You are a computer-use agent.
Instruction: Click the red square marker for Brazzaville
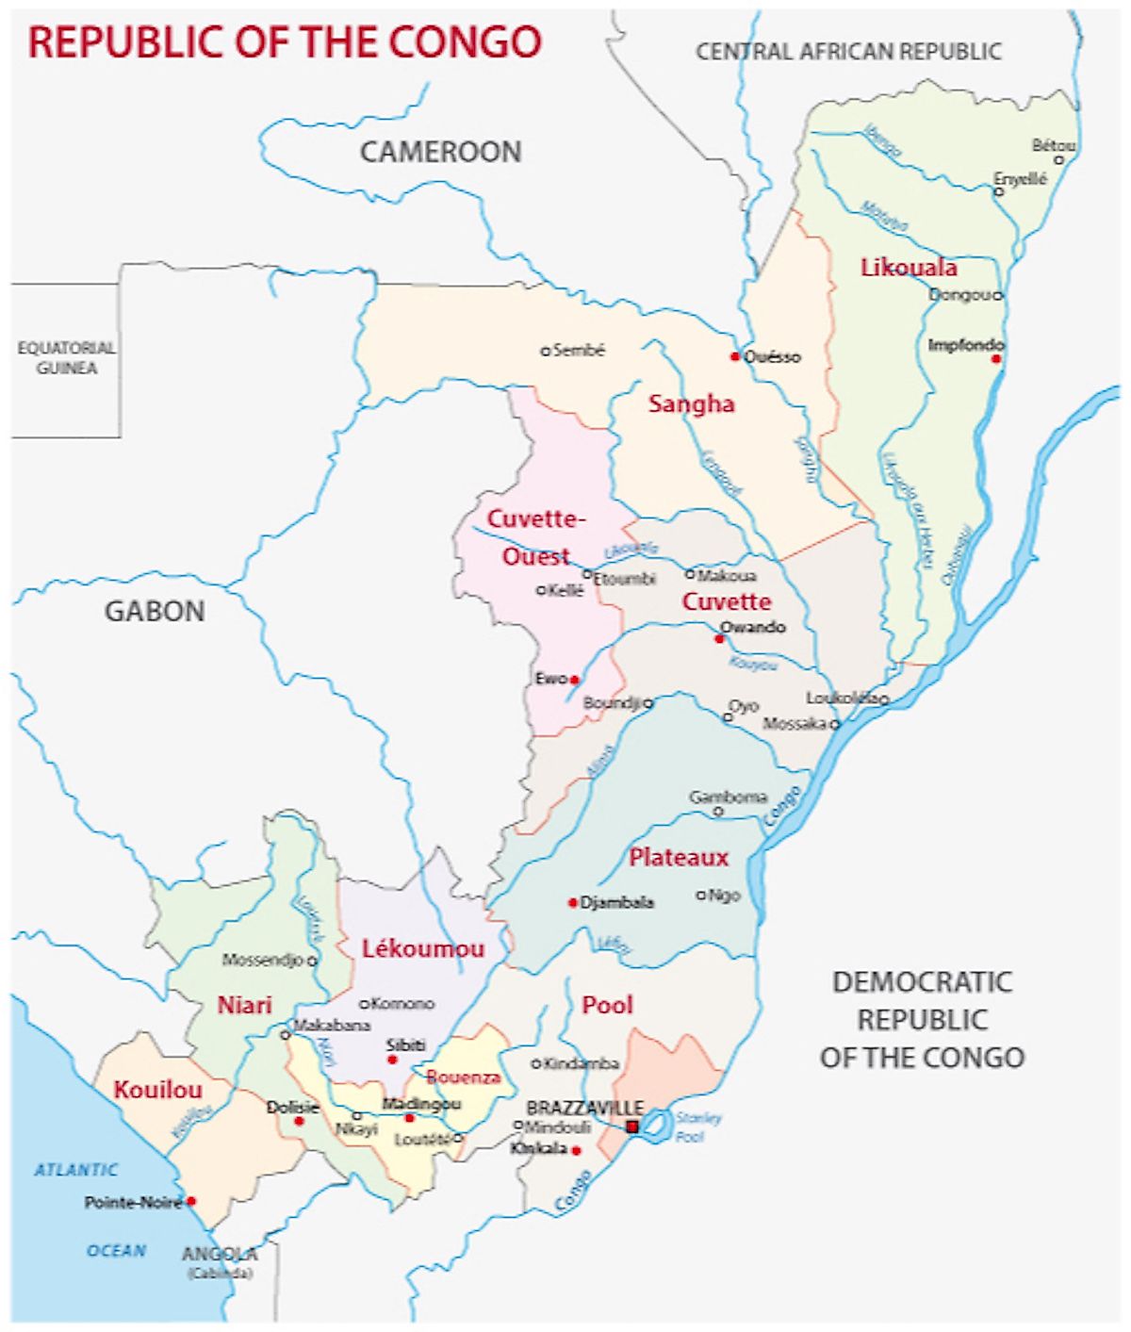pos(631,1126)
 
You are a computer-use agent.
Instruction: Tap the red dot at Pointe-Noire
pos(190,1201)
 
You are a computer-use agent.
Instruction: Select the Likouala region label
pos(908,268)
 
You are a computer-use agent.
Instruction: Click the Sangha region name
pos(691,404)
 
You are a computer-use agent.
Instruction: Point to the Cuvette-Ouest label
pos(535,537)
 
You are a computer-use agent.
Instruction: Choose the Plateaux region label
pos(679,858)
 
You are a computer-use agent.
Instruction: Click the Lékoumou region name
pos(423,949)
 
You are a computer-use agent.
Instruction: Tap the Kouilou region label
pos(157,1091)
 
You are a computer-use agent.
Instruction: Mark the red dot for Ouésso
pos(734,356)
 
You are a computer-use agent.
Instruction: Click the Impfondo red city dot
pos(996,358)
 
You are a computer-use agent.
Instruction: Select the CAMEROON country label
pos(440,152)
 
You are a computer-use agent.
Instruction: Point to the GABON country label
pos(155,612)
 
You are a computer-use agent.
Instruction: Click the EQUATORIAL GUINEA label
pos(66,358)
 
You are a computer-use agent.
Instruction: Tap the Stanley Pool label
pos(697,1127)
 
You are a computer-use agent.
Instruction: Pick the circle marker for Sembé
pos(545,351)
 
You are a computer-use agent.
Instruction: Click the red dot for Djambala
pos(572,903)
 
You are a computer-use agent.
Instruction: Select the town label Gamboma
pos(728,797)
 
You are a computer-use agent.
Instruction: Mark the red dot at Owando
pos(719,639)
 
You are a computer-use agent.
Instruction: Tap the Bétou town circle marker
pos(1058,160)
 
